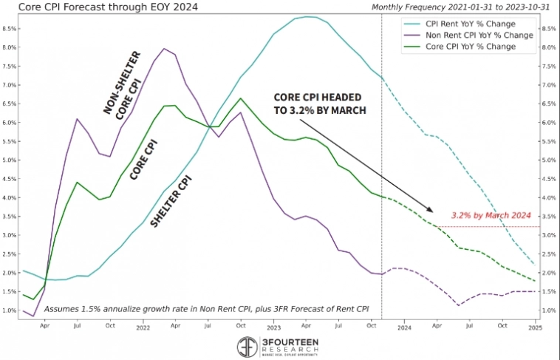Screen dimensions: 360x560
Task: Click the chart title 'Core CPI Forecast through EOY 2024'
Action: [96, 7]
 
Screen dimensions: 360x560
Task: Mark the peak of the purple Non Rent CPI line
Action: [163, 50]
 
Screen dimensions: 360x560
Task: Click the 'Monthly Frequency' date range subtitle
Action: [462, 7]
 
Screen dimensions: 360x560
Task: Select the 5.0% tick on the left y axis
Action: [10, 160]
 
